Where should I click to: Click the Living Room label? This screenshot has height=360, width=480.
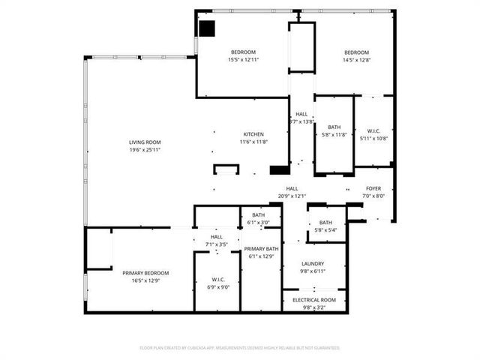coord(145,142)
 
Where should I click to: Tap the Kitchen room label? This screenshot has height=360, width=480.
coord(253,134)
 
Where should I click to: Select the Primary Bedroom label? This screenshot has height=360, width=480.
coord(145,273)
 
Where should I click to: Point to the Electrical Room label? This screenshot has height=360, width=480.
coord(313,300)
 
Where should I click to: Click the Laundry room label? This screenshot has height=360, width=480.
coord(313,263)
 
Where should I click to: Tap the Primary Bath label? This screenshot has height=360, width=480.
coord(262,249)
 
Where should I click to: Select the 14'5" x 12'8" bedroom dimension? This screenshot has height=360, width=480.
coord(356,59)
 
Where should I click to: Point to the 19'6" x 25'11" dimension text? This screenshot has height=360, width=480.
coord(145,149)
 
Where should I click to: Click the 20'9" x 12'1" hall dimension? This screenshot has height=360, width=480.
coord(292,196)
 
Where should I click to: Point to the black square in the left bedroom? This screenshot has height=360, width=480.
coord(207,28)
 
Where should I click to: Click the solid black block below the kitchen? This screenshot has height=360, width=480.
coord(279,170)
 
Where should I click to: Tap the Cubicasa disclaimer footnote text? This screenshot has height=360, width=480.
coord(240,348)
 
